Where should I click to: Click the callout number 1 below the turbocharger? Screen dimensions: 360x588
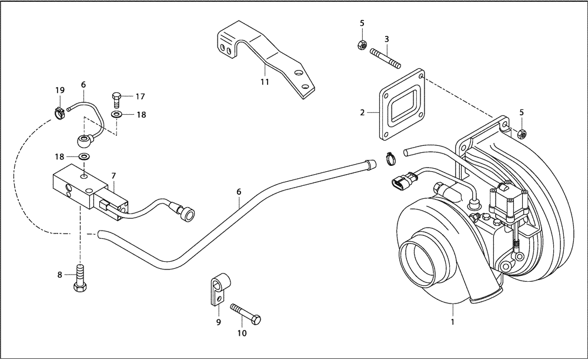(x=453, y=322)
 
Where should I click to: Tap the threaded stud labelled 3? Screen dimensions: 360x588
(x=385, y=58)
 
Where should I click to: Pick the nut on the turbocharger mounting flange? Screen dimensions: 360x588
(x=522, y=133)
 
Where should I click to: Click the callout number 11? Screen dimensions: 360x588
(x=265, y=82)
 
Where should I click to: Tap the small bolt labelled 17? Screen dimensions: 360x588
(x=116, y=96)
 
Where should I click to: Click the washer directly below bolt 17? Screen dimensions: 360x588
(x=117, y=114)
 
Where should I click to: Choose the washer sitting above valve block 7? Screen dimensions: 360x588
(x=85, y=157)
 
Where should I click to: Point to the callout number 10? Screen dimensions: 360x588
(x=242, y=334)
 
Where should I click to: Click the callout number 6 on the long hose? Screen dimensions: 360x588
(x=239, y=192)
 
